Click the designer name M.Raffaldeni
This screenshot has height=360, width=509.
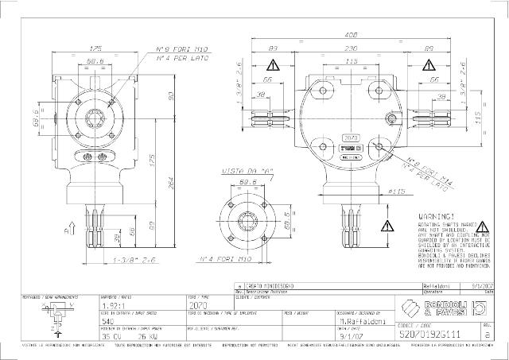358,321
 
